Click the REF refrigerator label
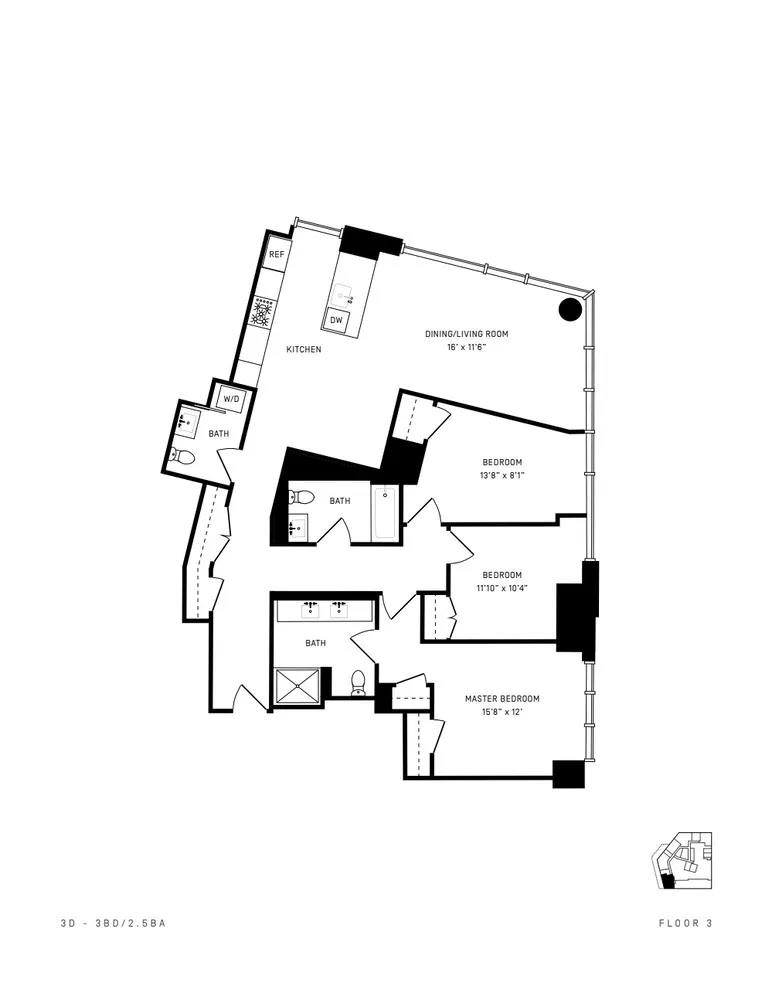pyautogui.click(x=277, y=256)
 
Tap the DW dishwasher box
pyautogui.click(x=337, y=319)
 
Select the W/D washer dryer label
pyautogui.click(x=232, y=398)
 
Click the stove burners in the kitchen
pyautogui.click(x=264, y=314)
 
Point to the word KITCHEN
pyautogui.click(x=304, y=350)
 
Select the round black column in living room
pyautogui.click(x=569, y=309)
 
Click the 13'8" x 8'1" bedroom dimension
pyautogui.click(x=502, y=476)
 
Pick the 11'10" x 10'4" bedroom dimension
pyautogui.click(x=502, y=588)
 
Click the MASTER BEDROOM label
pyautogui.click(x=502, y=698)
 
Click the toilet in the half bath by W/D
pyautogui.click(x=183, y=457)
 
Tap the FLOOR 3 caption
pyautogui.click(x=685, y=924)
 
